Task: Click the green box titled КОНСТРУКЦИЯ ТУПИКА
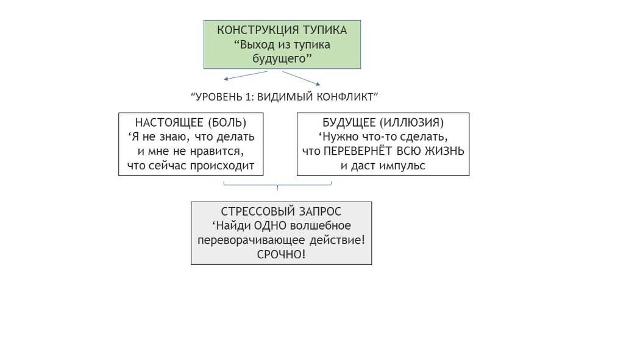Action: [x=282, y=44]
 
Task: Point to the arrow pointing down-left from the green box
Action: [x=245, y=76]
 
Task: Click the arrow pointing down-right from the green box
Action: [x=301, y=78]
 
